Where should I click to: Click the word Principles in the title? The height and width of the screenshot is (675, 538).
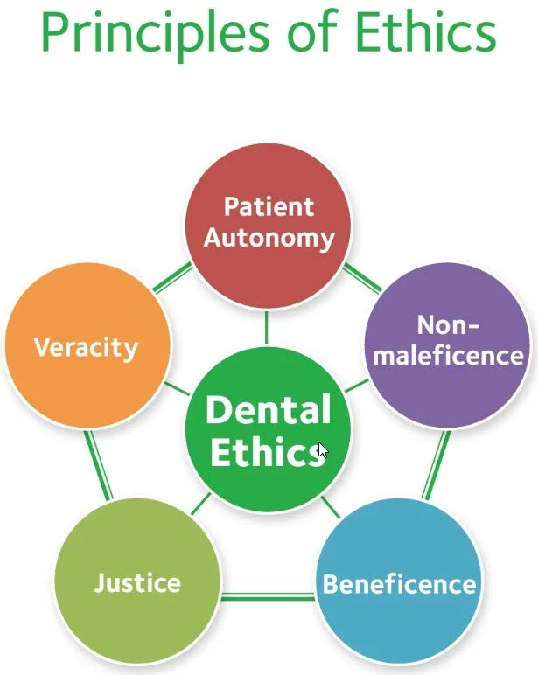(x=144, y=32)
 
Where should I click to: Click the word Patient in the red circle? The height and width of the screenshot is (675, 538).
(x=269, y=207)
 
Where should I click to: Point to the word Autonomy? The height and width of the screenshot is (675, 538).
(x=269, y=238)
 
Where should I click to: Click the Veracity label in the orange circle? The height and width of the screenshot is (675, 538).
(x=86, y=347)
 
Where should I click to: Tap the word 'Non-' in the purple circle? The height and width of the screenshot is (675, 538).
(x=447, y=326)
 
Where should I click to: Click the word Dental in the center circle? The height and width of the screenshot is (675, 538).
(x=268, y=410)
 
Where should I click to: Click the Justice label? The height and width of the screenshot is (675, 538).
(x=137, y=582)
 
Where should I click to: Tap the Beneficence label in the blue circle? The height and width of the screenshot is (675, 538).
(x=399, y=584)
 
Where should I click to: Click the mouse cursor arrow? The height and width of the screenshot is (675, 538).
(x=322, y=450)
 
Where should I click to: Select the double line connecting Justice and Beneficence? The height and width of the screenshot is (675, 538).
(x=267, y=597)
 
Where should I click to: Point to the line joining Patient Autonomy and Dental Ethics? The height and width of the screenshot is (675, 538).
(x=268, y=329)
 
